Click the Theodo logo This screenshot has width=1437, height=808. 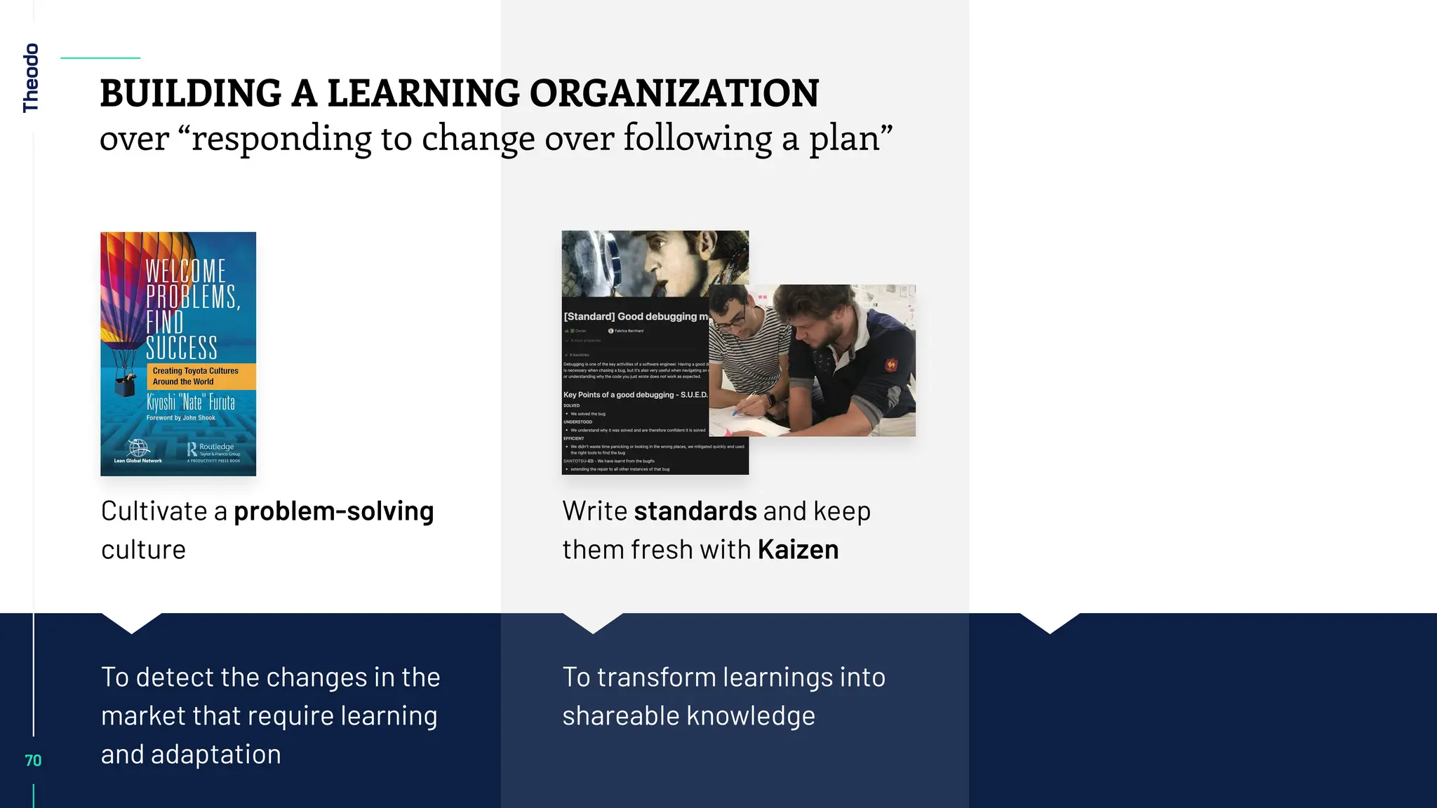point(30,78)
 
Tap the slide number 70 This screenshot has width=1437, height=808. point(33,760)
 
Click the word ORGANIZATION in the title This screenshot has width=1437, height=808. point(674,93)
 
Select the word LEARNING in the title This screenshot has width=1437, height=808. point(423,93)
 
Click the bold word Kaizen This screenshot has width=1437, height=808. point(798,549)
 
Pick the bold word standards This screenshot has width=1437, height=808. point(695,511)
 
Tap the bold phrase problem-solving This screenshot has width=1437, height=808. point(333,511)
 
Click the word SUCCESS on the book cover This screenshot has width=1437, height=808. point(182,348)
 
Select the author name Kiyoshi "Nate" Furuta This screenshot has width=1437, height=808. point(190,402)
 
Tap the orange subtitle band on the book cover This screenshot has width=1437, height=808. point(201,376)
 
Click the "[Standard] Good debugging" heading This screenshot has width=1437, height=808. point(635,316)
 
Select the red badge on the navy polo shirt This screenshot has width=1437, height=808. point(891,365)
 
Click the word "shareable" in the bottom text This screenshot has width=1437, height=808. point(620,716)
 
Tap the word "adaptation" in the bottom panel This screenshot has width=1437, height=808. point(215,755)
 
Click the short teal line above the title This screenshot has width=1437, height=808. point(100,58)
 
